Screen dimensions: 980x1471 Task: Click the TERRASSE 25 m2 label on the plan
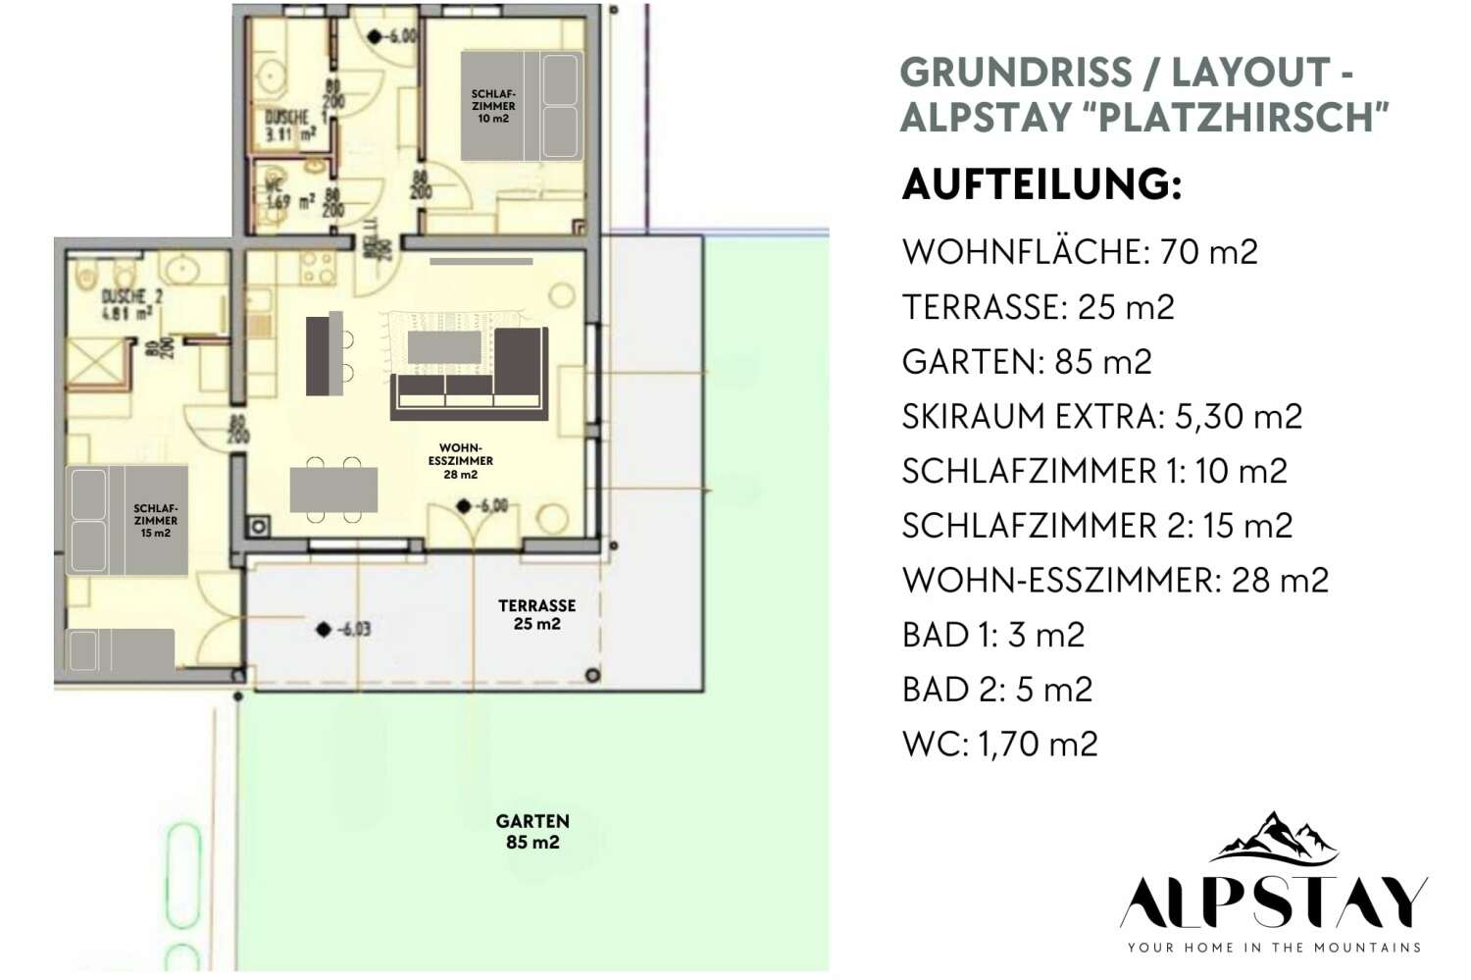pos(536,615)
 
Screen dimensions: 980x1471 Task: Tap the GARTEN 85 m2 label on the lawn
pos(533,832)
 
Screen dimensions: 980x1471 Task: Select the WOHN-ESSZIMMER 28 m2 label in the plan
pos(461,461)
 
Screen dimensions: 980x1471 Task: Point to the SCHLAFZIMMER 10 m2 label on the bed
pos(493,106)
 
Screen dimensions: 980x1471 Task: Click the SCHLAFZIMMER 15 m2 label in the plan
pos(156,521)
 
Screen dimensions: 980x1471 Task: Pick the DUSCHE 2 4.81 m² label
pos(131,305)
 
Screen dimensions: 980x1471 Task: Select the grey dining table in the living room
pos(333,489)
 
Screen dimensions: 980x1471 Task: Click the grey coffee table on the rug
pos(444,347)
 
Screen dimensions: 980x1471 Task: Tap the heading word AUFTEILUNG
pos(1041,184)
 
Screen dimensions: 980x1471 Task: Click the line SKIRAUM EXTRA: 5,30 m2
pos(1101,417)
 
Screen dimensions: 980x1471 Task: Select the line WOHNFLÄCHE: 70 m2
pos(1080,252)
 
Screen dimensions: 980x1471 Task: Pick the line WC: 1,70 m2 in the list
pos(999,745)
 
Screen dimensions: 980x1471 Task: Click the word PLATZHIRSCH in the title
pos(1243,117)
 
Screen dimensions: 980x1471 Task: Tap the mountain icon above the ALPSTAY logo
pos(1274,837)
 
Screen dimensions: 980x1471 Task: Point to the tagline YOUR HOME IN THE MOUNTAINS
pos(1274,948)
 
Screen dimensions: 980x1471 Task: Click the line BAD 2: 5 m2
pos(996,690)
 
